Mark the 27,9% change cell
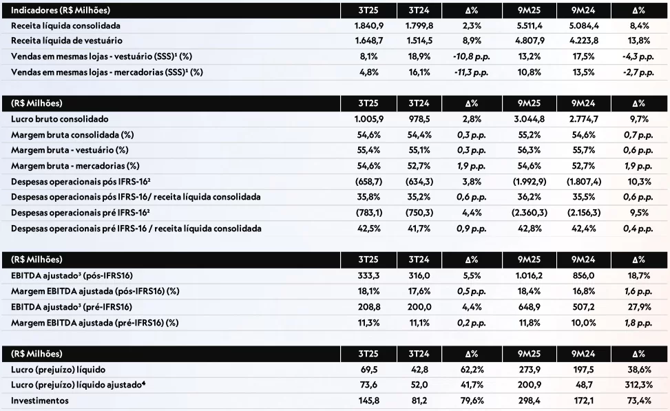click(x=637, y=306)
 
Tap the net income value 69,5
click(x=364, y=370)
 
